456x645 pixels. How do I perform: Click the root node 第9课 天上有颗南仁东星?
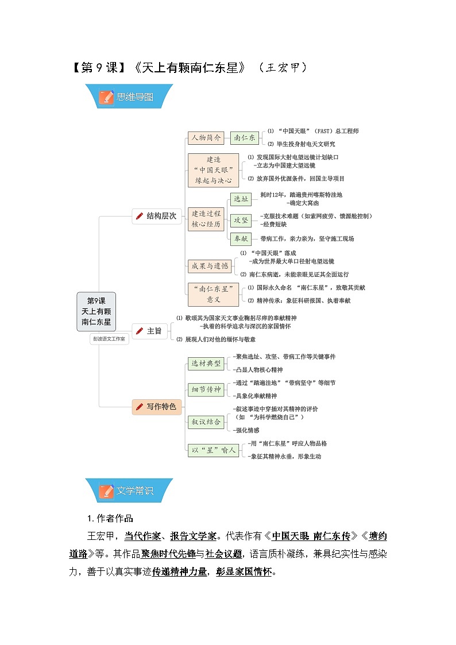pos(96,311)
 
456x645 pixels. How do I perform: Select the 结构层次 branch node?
pos(157,216)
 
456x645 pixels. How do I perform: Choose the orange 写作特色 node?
pos(157,407)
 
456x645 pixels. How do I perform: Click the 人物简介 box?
pos(206,137)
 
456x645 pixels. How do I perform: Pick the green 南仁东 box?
pos(245,137)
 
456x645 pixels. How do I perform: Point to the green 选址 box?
pos(241,199)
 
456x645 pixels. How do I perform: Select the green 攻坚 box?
pos(241,220)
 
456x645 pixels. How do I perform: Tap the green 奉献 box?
pos(241,238)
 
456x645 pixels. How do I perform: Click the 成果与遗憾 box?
pos(210,266)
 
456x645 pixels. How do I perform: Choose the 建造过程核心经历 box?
pos(206,219)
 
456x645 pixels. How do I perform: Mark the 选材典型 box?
pos(206,364)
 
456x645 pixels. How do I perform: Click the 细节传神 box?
pos(206,389)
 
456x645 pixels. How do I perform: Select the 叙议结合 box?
pos(206,422)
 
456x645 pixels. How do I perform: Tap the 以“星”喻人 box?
pos(214,450)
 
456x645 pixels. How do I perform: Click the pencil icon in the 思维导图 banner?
pos(106,97)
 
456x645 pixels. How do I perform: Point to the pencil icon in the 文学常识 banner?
pos(106,491)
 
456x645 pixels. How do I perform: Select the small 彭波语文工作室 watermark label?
pos(109,339)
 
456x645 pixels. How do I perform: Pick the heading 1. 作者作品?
pos(110,518)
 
